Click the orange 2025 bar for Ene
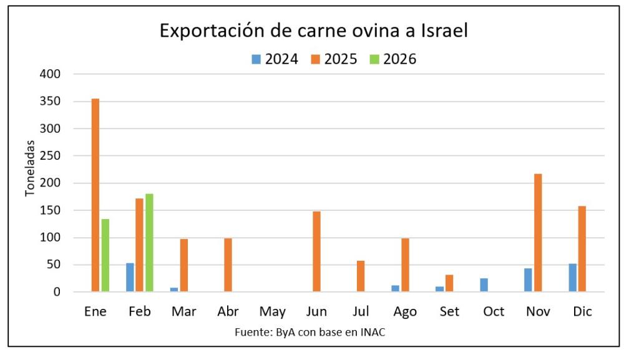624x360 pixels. click(x=95, y=195)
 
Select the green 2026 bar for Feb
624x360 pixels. click(x=149, y=243)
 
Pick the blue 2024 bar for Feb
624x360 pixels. click(x=130, y=277)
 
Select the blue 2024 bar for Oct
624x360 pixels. click(x=484, y=285)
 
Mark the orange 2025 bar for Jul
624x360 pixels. click(x=361, y=276)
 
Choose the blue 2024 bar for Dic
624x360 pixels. click(x=573, y=278)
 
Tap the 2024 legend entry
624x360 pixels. click(x=275, y=59)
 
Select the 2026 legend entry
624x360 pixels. click(x=392, y=59)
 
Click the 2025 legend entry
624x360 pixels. click(x=334, y=59)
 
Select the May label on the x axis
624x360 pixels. click(x=273, y=311)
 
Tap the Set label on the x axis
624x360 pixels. click(x=449, y=311)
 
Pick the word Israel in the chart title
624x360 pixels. click(x=438, y=31)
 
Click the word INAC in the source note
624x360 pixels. click(x=372, y=332)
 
